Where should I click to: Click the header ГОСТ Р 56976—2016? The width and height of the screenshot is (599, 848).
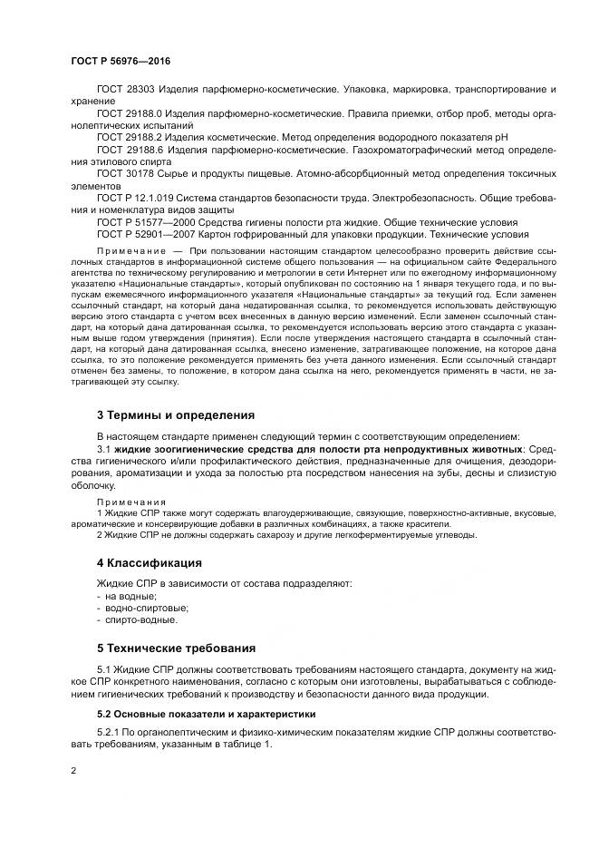click(x=121, y=60)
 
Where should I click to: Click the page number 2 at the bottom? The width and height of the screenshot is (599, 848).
click(x=73, y=770)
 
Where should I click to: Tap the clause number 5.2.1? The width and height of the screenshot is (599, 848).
click(x=109, y=732)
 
